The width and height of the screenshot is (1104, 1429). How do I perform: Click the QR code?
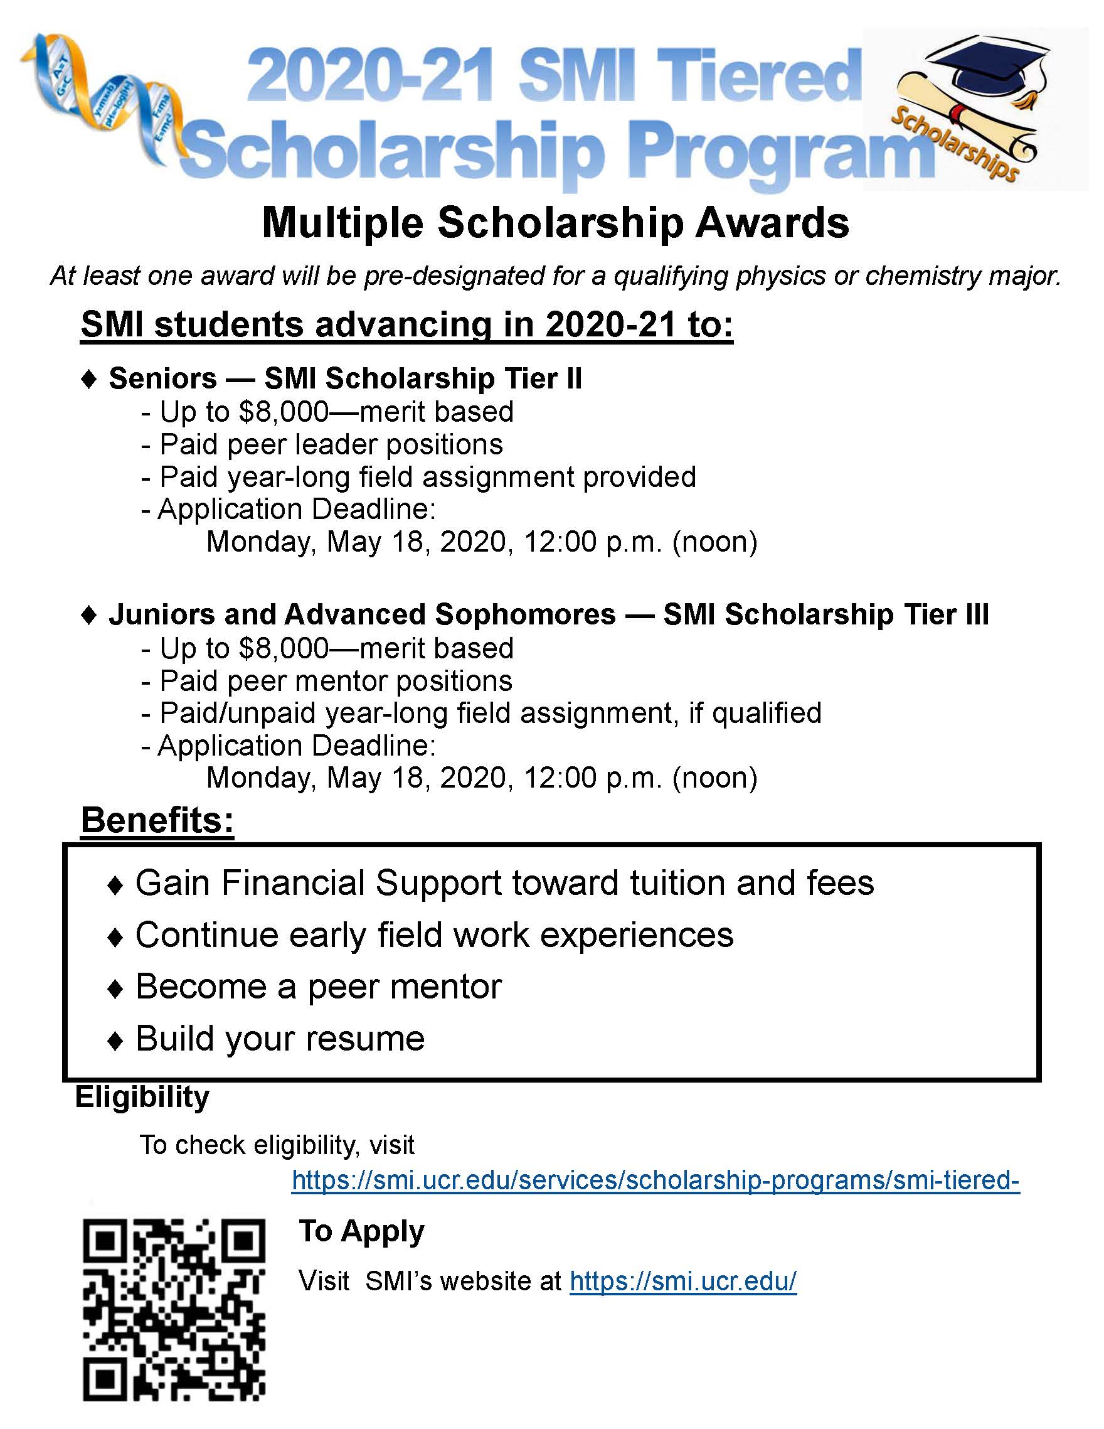click(174, 1309)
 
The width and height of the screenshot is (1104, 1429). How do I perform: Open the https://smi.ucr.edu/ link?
click(683, 1281)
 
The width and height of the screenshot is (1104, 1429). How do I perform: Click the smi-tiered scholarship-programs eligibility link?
click(655, 1180)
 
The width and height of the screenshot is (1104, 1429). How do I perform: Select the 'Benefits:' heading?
click(157, 820)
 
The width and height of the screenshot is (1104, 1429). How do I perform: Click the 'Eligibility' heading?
click(142, 1096)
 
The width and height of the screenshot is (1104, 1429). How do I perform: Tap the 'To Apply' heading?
click(362, 1231)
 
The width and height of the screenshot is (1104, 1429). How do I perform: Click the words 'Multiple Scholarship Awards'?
click(555, 223)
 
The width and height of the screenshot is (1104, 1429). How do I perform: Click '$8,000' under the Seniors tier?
click(283, 412)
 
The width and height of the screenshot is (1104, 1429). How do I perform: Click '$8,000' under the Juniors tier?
click(283, 648)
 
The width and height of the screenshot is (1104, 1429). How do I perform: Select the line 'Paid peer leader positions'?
click(331, 444)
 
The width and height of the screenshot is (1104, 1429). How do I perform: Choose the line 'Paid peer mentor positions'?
click(336, 681)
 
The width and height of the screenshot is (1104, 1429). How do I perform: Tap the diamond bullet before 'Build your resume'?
click(115, 1041)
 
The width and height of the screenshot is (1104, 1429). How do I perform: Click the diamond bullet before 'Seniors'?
click(89, 379)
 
